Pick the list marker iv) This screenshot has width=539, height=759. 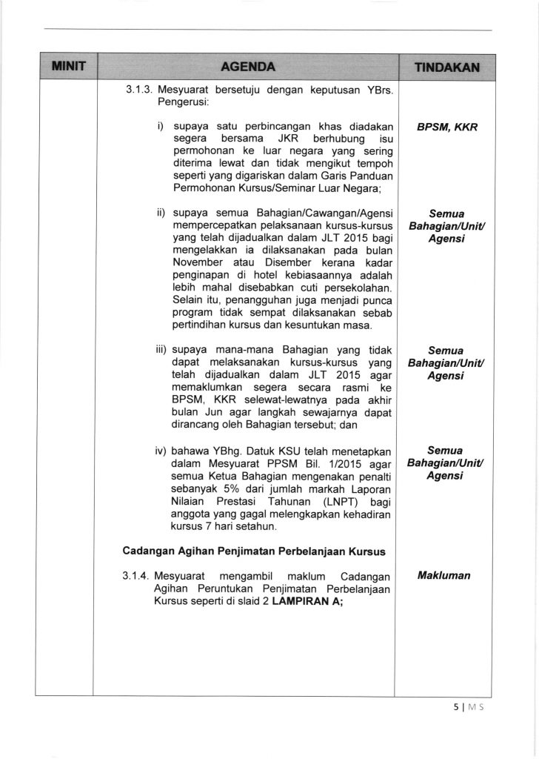click(161, 450)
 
